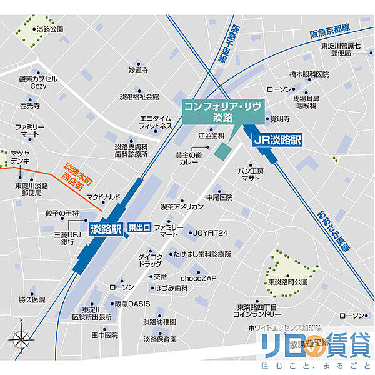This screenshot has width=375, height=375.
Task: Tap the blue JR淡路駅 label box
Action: (x=277, y=140)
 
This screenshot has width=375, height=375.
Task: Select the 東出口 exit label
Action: (x=139, y=228)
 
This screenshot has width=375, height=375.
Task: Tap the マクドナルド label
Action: (x=103, y=197)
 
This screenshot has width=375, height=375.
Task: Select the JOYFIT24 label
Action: (x=211, y=233)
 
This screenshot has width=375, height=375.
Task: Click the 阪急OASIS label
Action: (x=132, y=304)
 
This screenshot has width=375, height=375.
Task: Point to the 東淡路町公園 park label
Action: (x=288, y=282)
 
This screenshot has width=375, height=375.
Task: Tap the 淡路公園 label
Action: (x=50, y=29)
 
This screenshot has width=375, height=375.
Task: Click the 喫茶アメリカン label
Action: (x=182, y=206)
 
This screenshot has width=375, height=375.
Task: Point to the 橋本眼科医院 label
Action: (x=309, y=74)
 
